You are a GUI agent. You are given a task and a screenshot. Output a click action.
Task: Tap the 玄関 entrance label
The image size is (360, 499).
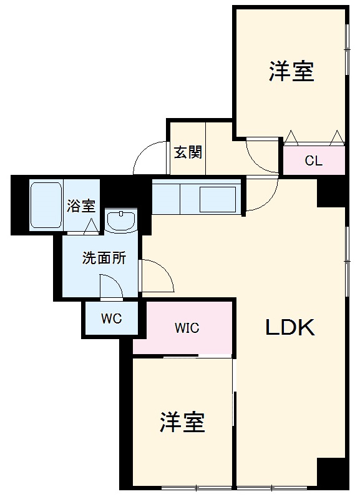tap(187, 152)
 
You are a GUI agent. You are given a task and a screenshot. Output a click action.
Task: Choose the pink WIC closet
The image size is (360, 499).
tap(187, 327)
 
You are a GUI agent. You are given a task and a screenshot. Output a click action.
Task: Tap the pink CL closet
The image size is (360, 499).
tap(313, 161)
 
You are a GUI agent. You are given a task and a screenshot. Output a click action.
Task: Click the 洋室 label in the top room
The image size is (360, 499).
tap(291, 72)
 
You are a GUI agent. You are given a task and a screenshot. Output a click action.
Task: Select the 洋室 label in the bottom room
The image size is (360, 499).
tap(182, 423)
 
